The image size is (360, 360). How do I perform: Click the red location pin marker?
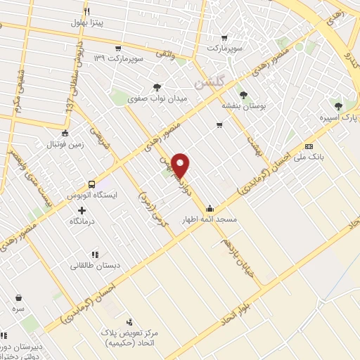[x=181, y=165]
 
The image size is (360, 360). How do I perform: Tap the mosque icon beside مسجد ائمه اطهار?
[x=210, y=208]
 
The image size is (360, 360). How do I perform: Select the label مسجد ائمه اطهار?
[x=211, y=220]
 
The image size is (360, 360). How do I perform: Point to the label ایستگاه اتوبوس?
[x=91, y=191]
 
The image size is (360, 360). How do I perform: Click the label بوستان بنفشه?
[x=243, y=105]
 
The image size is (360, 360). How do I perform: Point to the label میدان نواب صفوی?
[x=157, y=100]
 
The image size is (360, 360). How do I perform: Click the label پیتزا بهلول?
[x=86, y=22]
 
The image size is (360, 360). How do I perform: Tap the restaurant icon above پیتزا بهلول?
[x=87, y=11]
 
